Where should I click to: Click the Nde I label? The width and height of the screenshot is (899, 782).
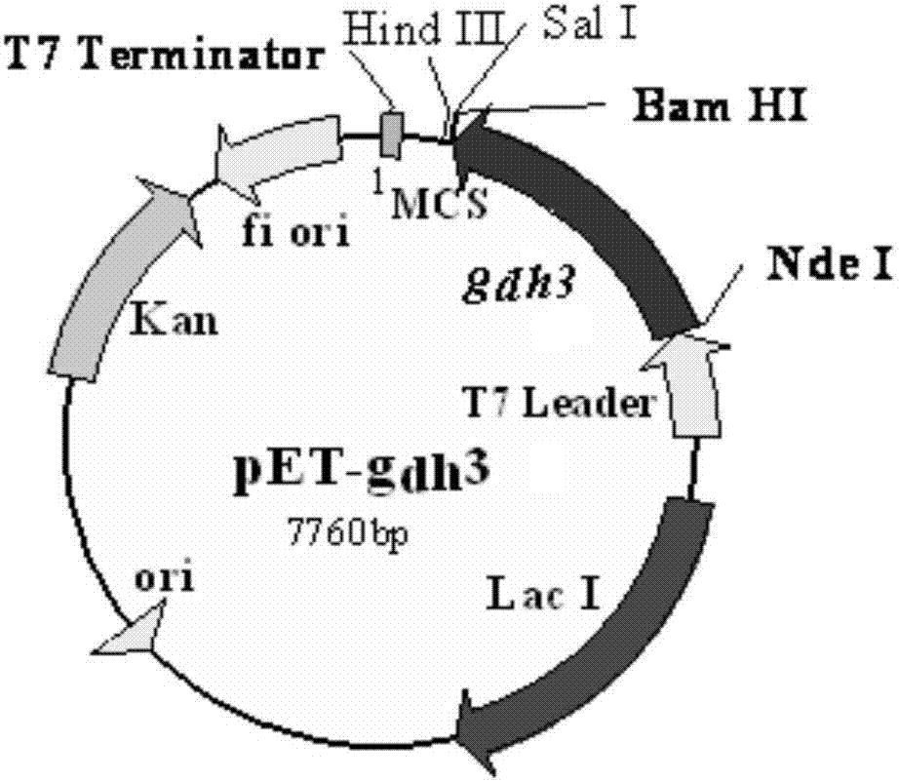pyautogui.click(x=831, y=265)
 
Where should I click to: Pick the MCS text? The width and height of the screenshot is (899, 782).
pyautogui.click(x=440, y=203)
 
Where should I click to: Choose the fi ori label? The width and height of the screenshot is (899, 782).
pyautogui.click(x=295, y=232)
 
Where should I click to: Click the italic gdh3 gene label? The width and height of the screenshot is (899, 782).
pyautogui.click(x=518, y=285)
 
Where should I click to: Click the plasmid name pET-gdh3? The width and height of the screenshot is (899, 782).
pyautogui.click(x=361, y=471)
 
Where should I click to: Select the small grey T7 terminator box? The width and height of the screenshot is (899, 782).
pyautogui.click(x=393, y=134)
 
